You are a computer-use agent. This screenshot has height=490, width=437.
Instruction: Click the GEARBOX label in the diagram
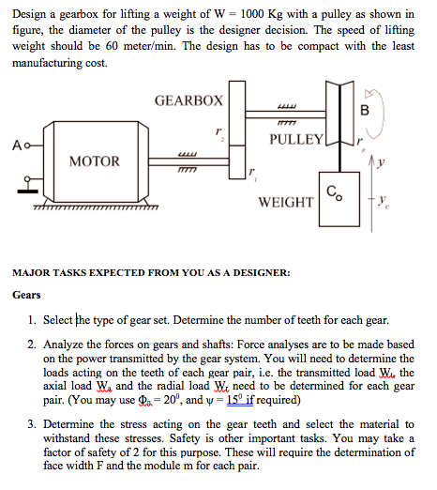pyautogui.click(x=188, y=100)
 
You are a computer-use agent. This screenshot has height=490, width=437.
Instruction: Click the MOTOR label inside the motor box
pyautogui.click(x=95, y=161)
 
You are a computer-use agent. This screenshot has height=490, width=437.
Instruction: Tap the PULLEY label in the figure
pyautogui.click(x=297, y=140)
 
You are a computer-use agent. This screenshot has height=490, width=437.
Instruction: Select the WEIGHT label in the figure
pyautogui.click(x=285, y=203)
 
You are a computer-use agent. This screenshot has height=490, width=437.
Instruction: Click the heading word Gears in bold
pyautogui.click(x=26, y=295)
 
